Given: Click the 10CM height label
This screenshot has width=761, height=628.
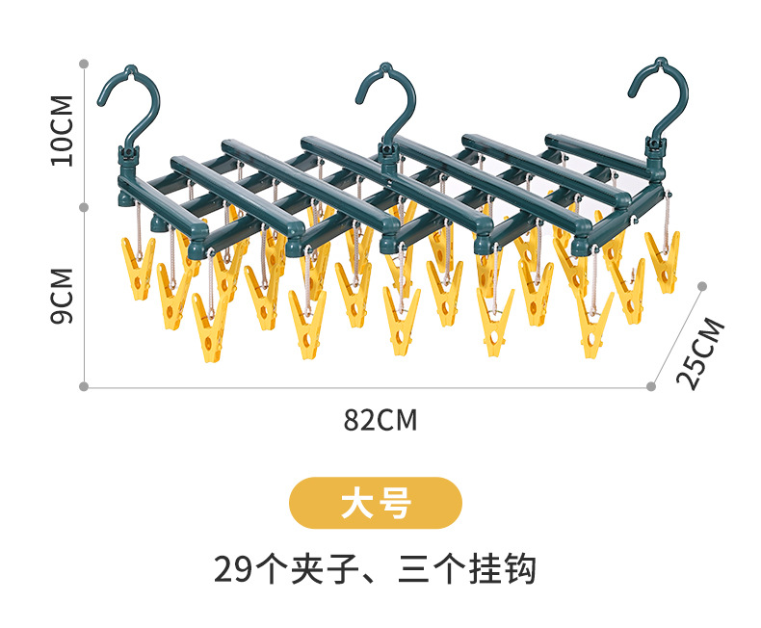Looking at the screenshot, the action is (x=63, y=130).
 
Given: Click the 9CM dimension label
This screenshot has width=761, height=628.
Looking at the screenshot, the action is (x=63, y=296).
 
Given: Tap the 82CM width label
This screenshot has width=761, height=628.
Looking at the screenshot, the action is (x=380, y=420).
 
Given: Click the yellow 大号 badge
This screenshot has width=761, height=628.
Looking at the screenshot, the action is (x=376, y=503).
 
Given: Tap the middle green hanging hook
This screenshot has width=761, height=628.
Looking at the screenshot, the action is (x=385, y=96).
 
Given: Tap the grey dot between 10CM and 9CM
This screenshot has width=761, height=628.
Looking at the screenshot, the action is (x=85, y=206).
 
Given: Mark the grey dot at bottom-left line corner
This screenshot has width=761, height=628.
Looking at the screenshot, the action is (x=84, y=387).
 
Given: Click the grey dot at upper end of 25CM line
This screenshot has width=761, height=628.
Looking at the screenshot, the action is (x=702, y=286).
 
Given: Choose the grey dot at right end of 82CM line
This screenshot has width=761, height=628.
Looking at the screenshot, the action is (x=651, y=387).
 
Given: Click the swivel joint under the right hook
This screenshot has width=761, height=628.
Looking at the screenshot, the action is (x=657, y=149).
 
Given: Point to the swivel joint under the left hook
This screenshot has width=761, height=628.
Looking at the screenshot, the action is (x=127, y=156).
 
